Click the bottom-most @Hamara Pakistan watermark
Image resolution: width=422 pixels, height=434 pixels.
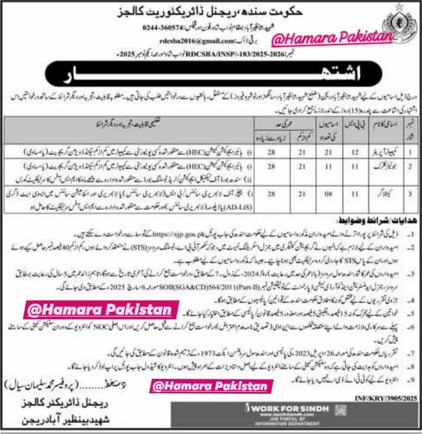212,387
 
